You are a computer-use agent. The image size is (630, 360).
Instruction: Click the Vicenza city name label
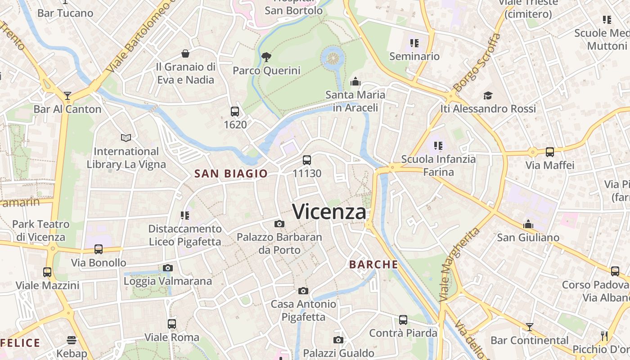point(329,211)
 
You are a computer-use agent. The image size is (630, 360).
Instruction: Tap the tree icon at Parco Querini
point(266,57)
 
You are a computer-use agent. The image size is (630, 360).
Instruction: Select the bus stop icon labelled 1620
point(234,112)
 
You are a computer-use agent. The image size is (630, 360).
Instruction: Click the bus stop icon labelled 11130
point(307,160)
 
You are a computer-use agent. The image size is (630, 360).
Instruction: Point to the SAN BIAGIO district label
point(231,174)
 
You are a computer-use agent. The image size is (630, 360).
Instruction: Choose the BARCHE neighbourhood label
point(373,265)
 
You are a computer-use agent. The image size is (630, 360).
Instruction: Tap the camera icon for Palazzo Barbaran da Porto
point(279,224)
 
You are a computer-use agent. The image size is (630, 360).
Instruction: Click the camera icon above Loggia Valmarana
point(167,268)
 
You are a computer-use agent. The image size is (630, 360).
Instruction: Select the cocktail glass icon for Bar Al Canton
point(67,95)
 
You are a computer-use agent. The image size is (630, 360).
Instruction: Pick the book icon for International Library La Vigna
point(126,138)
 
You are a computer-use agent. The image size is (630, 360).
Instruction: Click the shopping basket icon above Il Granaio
point(185,54)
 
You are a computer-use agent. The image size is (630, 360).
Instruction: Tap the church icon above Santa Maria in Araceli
point(355,81)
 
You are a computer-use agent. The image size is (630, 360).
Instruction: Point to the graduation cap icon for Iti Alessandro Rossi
point(488,95)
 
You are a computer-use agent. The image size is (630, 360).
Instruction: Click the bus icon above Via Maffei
point(549,152)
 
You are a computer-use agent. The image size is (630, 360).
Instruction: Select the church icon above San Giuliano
point(528,224)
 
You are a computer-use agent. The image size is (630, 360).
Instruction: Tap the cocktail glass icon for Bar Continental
point(529,327)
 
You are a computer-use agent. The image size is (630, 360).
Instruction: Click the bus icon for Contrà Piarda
point(403,320)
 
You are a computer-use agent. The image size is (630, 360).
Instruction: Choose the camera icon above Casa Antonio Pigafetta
point(303,291)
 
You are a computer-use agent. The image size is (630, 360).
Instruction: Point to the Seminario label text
point(414,56)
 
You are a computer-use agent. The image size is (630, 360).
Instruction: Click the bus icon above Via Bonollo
point(99,249)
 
